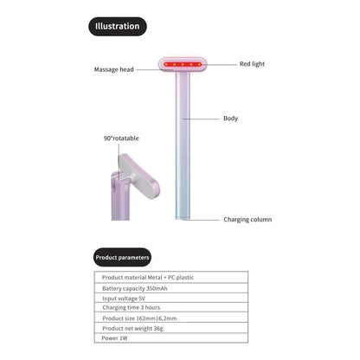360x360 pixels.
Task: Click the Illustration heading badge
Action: pos(118,26)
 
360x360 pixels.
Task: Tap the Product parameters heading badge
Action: pos(122,257)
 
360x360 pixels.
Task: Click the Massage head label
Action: pos(114,69)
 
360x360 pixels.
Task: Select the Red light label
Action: pos(252,64)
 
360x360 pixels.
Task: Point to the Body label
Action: pos(230,119)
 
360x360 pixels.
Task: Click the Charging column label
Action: pos(247,220)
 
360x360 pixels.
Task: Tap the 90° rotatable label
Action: pos(121,138)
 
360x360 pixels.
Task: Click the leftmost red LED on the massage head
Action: pos(166,64)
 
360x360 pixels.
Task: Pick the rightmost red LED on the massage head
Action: pos(199,64)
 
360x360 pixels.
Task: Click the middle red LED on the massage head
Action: pos(183,64)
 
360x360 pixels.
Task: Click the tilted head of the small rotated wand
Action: pos(139,176)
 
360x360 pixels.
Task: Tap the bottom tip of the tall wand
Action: pos(183,219)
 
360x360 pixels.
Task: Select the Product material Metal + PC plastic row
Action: pos(171,277)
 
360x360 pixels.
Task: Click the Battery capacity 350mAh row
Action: pos(171,288)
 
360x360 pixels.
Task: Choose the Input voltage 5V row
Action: pos(171,298)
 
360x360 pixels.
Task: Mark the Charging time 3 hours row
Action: pos(171,307)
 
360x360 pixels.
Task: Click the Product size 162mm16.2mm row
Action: pos(171,318)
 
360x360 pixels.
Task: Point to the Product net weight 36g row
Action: pos(171,328)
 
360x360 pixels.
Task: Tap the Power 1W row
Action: pos(171,337)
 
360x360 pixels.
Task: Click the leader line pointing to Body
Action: pos(201,119)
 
